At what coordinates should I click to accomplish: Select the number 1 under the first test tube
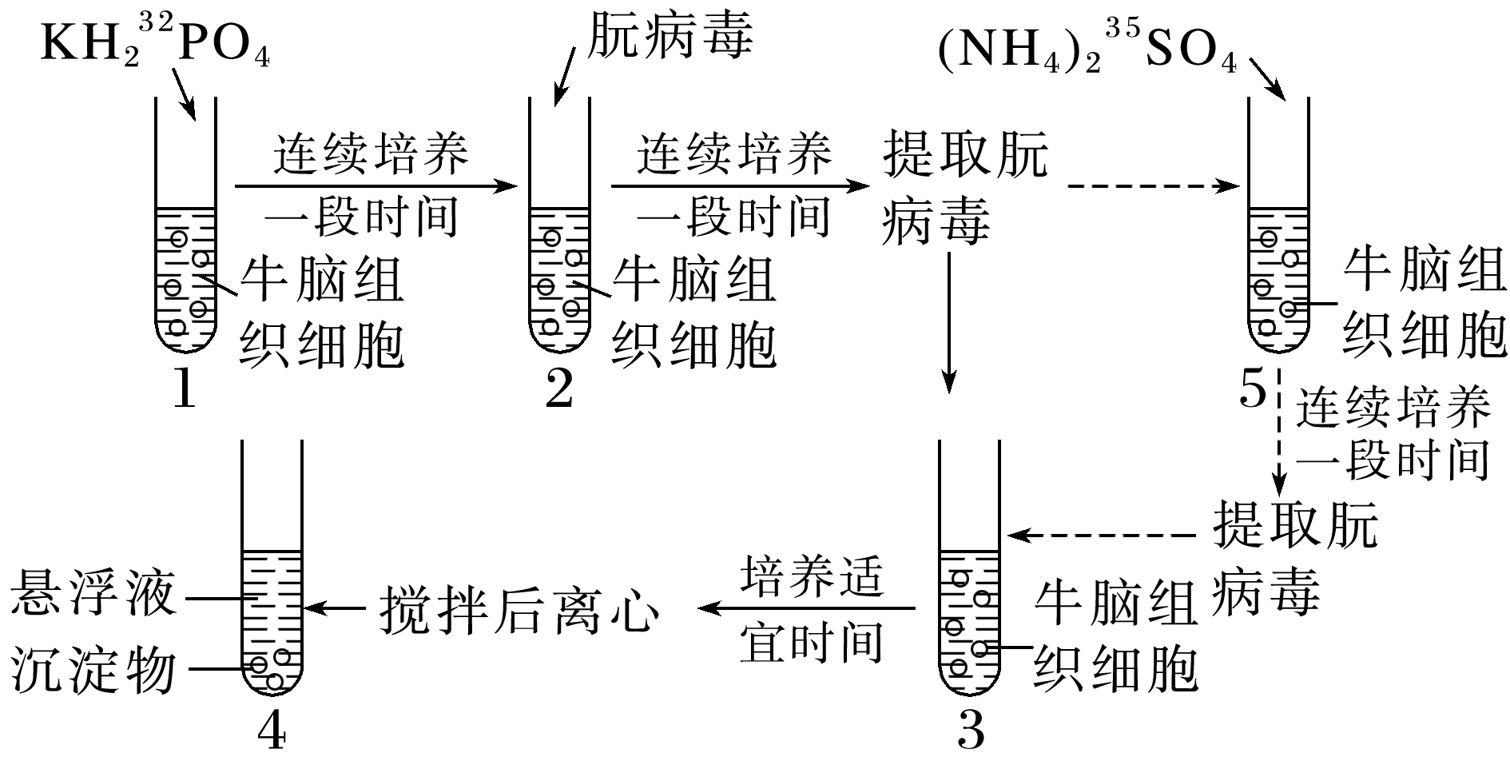(x=185, y=391)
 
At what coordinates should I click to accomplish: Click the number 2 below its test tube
(x=559, y=391)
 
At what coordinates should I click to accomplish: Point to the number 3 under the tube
(x=970, y=730)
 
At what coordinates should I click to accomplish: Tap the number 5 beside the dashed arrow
(x=1253, y=391)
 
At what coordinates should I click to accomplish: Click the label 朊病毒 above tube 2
(x=670, y=36)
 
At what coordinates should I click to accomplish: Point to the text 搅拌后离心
(x=519, y=610)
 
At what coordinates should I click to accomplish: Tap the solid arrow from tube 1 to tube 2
(x=376, y=186)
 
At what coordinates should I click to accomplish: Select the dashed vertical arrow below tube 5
(x=1279, y=432)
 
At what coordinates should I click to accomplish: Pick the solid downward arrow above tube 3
(x=948, y=320)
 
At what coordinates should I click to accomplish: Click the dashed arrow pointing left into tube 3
(x=1103, y=534)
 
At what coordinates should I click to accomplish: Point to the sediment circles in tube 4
(x=270, y=667)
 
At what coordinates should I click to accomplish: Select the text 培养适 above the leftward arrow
(x=812, y=575)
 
